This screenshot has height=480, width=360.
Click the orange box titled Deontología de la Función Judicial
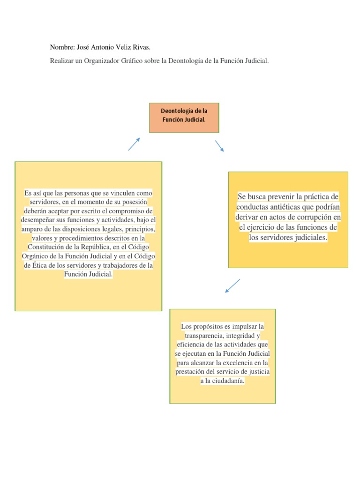184,118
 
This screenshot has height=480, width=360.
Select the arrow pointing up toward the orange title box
134,144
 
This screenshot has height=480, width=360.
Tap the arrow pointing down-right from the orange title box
219,146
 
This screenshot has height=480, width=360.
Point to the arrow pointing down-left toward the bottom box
232,286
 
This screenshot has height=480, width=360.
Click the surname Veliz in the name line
122,48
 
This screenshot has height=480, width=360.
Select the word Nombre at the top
62,48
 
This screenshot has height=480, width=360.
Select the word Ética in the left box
39,265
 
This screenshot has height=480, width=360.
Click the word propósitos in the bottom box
211,326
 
